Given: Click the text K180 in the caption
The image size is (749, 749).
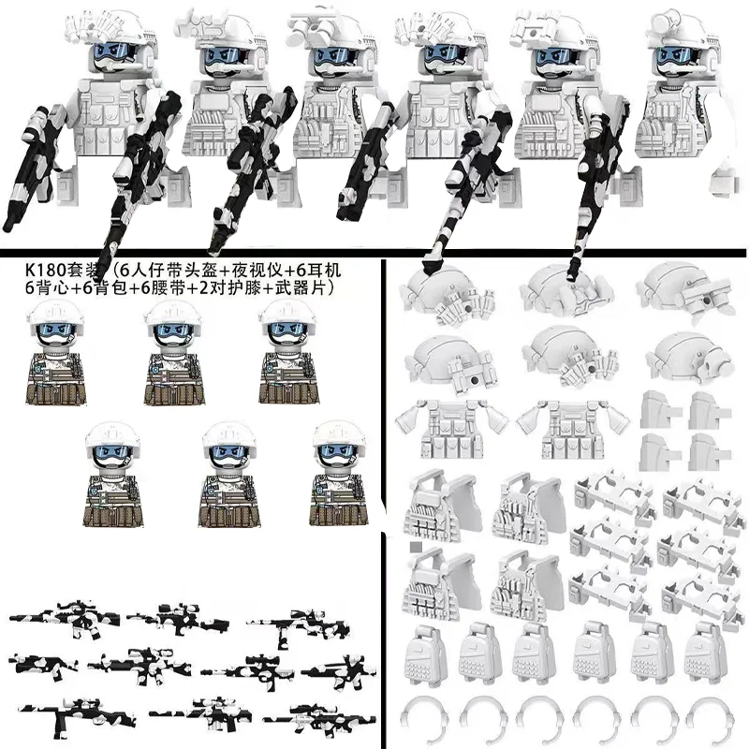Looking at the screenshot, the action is (x=44, y=271).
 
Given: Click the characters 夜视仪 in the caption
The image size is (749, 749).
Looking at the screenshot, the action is (x=255, y=271).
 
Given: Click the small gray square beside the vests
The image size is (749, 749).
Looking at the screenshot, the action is (x=416, y=547).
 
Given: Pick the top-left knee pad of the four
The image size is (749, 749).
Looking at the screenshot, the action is (x=659, y=409).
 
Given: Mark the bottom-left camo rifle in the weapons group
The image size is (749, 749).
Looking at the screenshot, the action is (x=77, y=714).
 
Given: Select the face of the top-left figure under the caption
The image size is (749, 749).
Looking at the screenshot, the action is (x=56, y=333).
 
